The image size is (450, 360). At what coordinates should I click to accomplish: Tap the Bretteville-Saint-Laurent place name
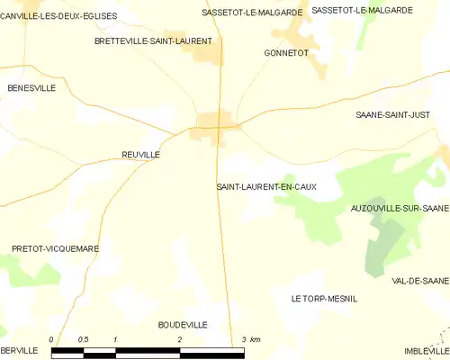153,41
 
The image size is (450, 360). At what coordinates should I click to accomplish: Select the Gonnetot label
286,53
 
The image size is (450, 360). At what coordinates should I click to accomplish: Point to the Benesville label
31,88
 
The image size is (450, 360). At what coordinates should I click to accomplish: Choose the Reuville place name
140,155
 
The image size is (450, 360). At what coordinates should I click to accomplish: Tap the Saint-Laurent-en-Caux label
265,186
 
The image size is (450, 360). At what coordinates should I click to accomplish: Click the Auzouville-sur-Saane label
400,208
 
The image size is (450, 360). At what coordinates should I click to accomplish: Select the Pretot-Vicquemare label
55,247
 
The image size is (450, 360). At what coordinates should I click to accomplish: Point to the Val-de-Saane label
420,281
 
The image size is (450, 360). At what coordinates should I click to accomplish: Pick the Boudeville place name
183,324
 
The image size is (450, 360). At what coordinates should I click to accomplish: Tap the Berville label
18,349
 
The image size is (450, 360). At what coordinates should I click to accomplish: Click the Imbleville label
427,350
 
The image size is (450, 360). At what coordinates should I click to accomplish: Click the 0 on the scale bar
52,339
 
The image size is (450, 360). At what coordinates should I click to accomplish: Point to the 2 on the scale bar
180,339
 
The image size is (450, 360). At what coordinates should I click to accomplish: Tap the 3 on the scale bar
243,339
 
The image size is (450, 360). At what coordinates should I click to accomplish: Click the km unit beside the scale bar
256,339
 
